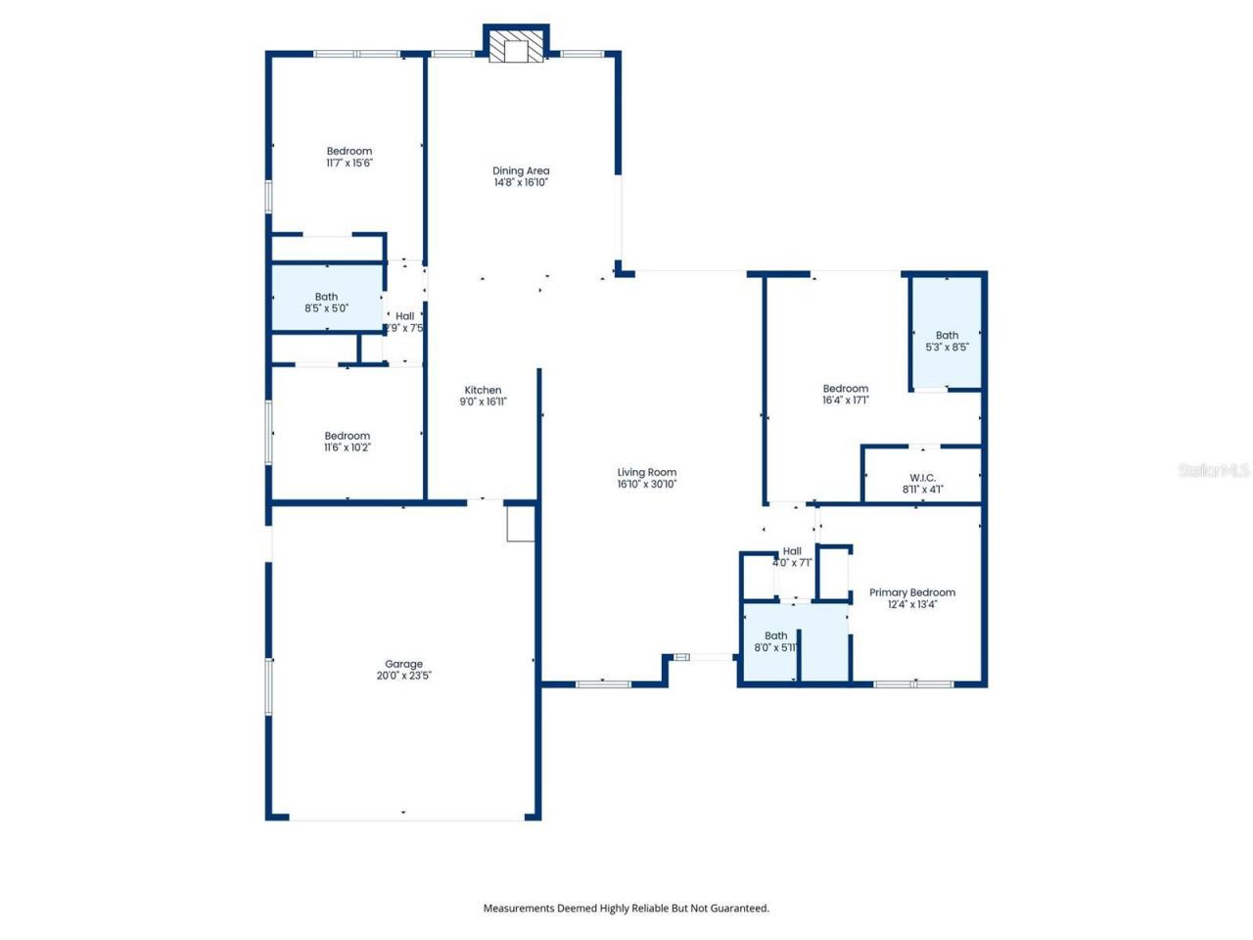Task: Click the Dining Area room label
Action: pyautogui.click(x=521, y=170)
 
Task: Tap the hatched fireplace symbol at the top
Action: pyautogui.click(x=516, y=46)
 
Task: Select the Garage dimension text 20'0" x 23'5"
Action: pyautogui.click(x=403, y=676)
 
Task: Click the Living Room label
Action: pyautogui.click(x=646, y=472)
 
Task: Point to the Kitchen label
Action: pyautogui.click(x=483, y=390)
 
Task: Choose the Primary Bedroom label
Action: pyautogui.click(x=911, y=592)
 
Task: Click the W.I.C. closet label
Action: pyautogui.click(x=922, y=478)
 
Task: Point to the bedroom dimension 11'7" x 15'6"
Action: pyautogui.click(x=349, y=164)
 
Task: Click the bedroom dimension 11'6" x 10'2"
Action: pyautogui.click(x=348, y=447)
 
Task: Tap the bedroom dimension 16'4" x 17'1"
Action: pyautogui.click(x=845, y=400)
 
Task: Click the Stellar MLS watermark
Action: pyautogui.click(x=1214, y=471)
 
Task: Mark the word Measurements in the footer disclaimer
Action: pyautogui.click(x=518, y=908)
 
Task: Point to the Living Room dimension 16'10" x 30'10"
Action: pyautogui.click(x=646, y=484)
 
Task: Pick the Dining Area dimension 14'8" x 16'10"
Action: pyautogui.click(x=521, y=182)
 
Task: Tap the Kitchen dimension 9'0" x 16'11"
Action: pyautogui.click(x=483, y=401)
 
